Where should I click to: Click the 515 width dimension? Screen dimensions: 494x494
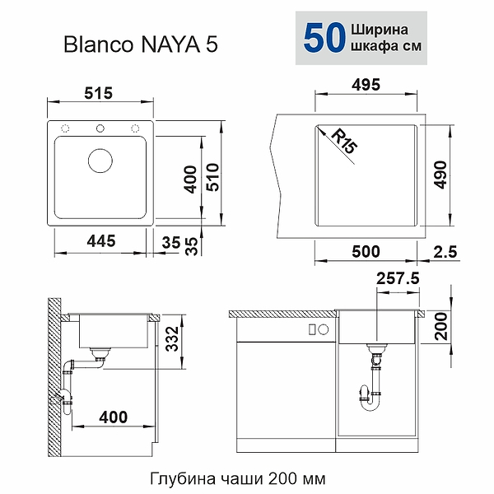click(98, 93)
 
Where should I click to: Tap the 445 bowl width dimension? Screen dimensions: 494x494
click(97, 241)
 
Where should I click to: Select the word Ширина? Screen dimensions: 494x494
click(385, 29)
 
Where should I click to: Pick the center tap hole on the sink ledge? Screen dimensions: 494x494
click(101, 127)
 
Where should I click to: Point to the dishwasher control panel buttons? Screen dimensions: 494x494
click(312, 329)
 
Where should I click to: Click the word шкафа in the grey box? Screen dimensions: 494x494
click(379, 47)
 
